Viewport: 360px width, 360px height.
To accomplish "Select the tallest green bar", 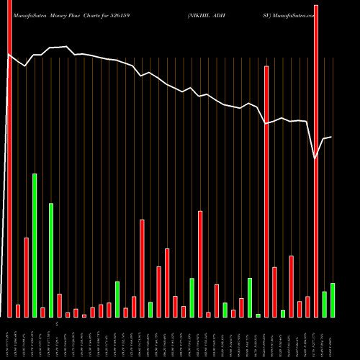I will tap(35, 245).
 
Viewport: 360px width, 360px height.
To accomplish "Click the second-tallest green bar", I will tap(51, 259).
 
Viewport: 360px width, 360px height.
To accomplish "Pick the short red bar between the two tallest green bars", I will tap(42, 312).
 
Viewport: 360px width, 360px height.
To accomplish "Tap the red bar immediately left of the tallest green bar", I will tap(27, 277).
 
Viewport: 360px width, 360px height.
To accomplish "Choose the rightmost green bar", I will tap(332, 300).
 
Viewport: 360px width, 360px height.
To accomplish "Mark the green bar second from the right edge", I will tap(324, 304).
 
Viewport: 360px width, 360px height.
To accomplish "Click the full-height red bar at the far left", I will tap(9, 158).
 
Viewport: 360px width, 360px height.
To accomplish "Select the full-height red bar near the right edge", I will tap(315, 158).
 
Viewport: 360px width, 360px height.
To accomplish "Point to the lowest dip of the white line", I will tap(315, 158).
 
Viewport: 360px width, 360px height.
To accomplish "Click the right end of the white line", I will tap(331, 137).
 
